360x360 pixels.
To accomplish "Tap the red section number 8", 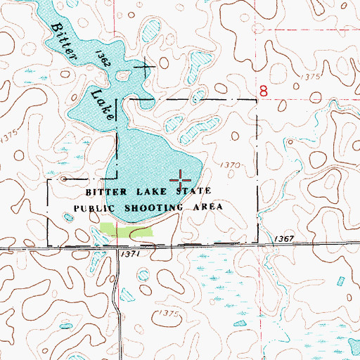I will pyautogui.click(x=264, y=91).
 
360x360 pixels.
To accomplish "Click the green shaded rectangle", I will pyautogui.click(x=127, y=229).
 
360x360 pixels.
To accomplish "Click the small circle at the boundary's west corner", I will pyautogui.click(x=65, y=179).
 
